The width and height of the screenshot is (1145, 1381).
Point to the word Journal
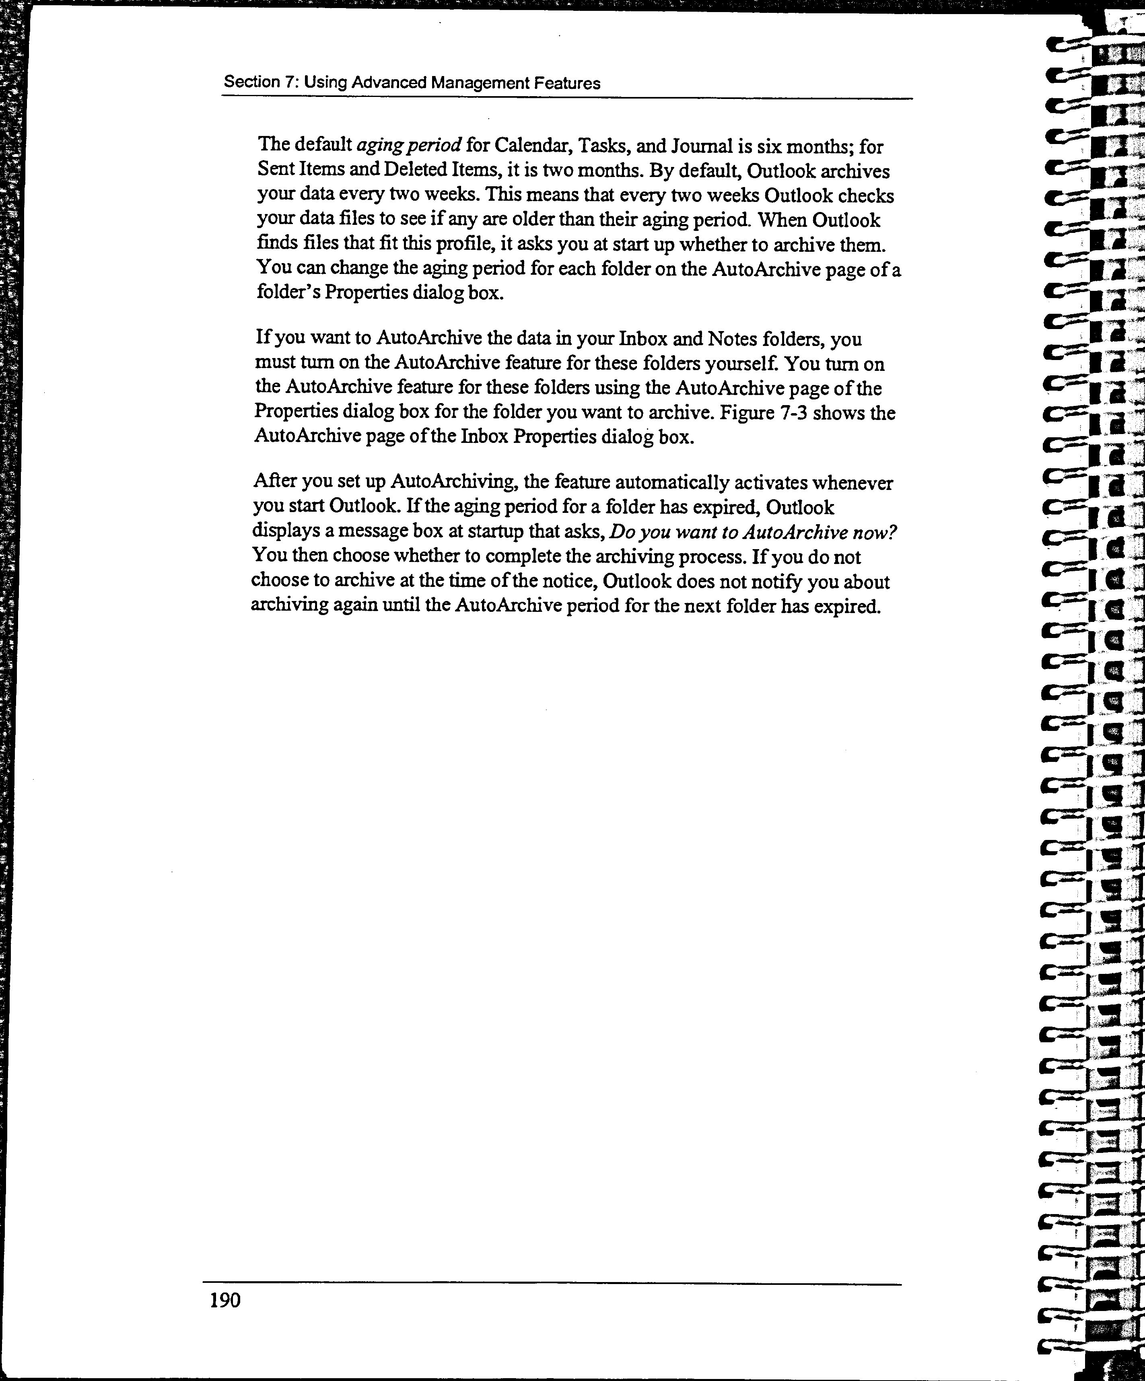699,145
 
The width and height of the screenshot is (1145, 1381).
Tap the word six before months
768,145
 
